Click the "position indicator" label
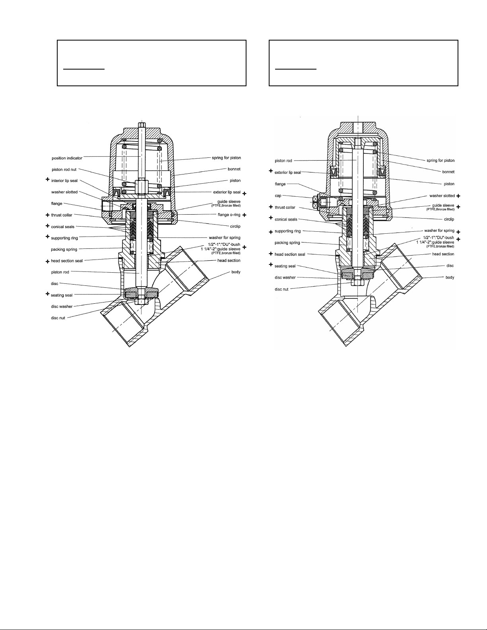(x=67, y=158)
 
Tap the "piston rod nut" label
(x=64, y=170)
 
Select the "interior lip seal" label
(x=64, y=181)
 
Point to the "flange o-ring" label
(x=229, y=215)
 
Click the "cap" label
(x=278, y=196)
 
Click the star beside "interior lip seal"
(x=48, y=180)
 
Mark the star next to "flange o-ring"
(x=244, y=215)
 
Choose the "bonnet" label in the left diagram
(x=234, y=169)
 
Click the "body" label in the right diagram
(x=450, y=277)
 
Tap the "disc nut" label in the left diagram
(x=58, y=318)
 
